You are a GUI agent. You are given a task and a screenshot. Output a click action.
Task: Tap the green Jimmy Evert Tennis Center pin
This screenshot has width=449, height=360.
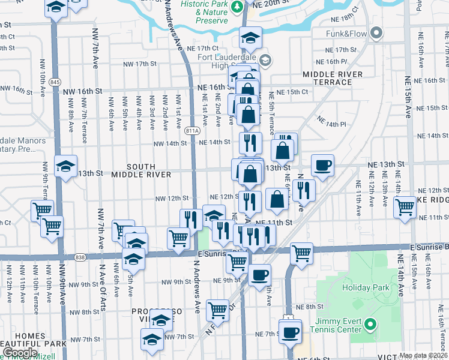click(x=370, y=327)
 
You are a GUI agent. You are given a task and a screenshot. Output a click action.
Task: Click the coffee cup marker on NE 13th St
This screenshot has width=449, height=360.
click(x=322, y=164)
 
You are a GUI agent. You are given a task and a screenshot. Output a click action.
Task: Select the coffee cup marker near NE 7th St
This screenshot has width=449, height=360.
click(x=291, y=332)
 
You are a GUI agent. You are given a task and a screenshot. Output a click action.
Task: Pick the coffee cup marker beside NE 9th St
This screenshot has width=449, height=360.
click(x=259, y=275)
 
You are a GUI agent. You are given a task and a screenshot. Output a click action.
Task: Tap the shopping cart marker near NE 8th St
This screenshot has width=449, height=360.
click(x=217, y=310)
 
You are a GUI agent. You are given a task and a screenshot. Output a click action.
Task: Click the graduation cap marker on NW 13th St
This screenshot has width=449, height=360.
click(x=65, y=166)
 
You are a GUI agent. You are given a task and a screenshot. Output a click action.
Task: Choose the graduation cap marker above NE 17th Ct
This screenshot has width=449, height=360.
click(x=249, y=38)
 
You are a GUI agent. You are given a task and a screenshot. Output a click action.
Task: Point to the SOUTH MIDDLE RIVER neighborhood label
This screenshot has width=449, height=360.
click(x=140, y=170)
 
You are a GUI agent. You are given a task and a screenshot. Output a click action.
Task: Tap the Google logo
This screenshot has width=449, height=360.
click(x=20, y=353)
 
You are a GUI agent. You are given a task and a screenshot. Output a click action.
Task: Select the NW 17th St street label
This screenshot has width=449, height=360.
click(x=139, y=64)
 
